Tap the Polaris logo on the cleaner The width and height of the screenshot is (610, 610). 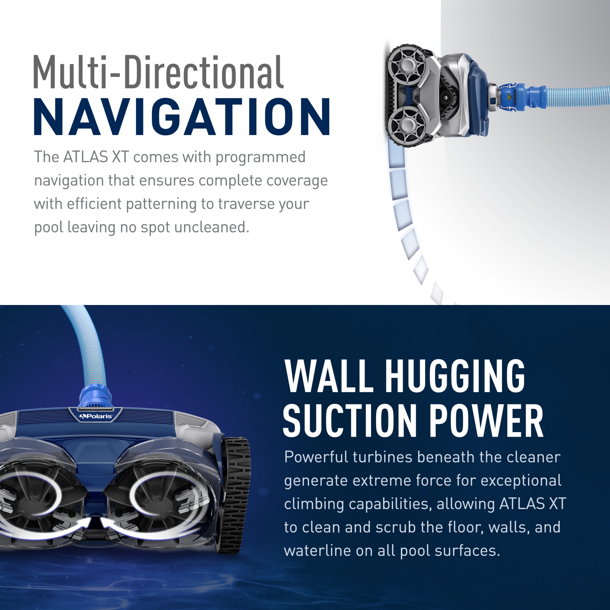pos(96,416)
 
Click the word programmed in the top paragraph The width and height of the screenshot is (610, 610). pos(261,157)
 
